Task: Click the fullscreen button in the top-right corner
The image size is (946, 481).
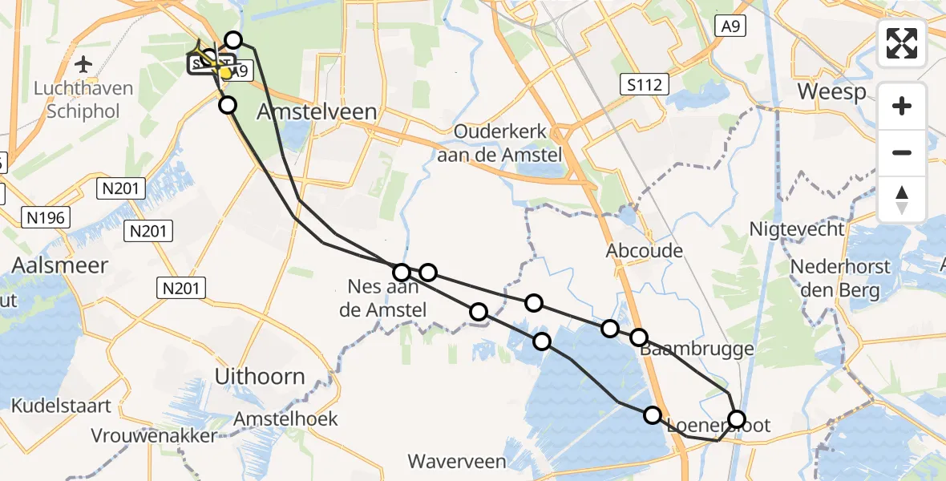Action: (902, 43)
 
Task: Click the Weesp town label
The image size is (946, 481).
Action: (831, 91)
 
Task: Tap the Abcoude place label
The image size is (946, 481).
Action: (645, 251)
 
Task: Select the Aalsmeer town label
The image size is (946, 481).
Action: (60, 265)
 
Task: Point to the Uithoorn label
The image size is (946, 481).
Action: (260, 376)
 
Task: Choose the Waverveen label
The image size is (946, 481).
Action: (457, 461)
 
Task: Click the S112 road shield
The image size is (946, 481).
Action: (645, 83)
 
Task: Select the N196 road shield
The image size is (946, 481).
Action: (47, 216)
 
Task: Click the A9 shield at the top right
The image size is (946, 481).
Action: (731, 26)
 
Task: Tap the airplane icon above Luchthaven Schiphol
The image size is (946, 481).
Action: (83, 63)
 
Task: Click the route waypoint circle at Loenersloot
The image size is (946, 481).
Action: (736, 418)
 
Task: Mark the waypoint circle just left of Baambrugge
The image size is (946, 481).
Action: (638, 338)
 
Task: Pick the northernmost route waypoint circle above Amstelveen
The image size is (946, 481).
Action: (233, 40)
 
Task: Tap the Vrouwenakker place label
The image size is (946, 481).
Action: (155, 436)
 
